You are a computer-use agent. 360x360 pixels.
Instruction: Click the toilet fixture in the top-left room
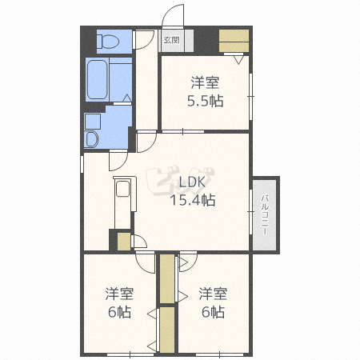108,42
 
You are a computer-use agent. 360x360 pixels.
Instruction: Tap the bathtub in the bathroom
98,79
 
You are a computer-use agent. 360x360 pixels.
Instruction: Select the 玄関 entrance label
171,40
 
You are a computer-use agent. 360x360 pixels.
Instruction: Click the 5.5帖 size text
205,101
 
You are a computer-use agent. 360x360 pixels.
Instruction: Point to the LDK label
192,182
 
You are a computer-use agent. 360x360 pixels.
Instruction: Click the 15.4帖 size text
193,200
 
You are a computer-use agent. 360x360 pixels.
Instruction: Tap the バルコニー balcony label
265,215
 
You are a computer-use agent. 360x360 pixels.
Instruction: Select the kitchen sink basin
122,189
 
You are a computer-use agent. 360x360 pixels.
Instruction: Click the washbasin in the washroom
91,139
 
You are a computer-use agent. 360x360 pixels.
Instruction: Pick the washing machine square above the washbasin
93,122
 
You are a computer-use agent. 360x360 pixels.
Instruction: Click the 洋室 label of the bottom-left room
119,294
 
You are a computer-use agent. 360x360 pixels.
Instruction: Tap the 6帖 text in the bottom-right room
213,312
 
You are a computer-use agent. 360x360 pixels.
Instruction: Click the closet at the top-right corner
234,41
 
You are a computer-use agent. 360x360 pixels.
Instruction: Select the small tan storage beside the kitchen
124,242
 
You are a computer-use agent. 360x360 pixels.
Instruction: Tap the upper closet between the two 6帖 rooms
167,278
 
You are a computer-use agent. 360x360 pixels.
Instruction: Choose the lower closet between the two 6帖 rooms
167,330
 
